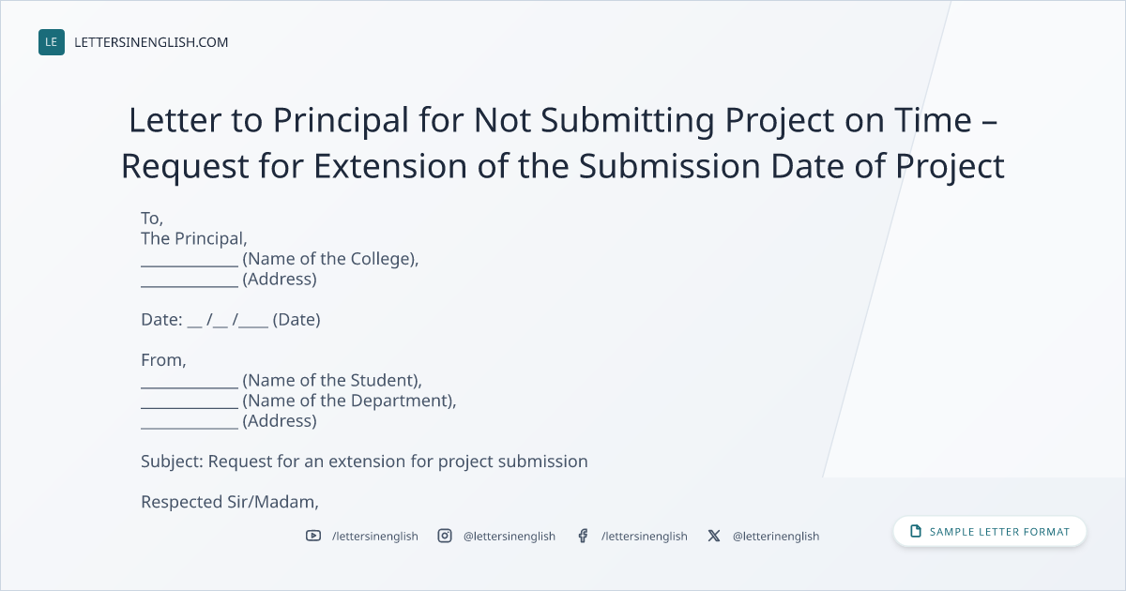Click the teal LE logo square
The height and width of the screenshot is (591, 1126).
(x=52, y=42)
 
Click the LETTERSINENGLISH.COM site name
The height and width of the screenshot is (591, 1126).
(x=151, y=42)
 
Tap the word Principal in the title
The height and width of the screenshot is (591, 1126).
(x=341, y=121)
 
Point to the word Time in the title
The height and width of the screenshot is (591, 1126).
(x=933, y=120)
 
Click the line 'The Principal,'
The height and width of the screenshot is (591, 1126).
(x=194, y=238)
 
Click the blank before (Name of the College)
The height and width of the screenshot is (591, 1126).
(x=190, y=265)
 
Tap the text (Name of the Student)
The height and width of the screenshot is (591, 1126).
(x=332, y=381)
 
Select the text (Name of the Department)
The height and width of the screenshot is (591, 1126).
(x=349, y=401)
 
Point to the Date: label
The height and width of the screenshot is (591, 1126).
(x=161, y=320)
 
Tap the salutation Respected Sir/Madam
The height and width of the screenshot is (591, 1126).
(x=230, y=502)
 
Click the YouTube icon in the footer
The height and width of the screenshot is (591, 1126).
(x=313, y=536)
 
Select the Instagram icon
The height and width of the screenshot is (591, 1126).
(x=445, y=536)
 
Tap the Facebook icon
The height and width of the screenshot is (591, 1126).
(x=583, y=536)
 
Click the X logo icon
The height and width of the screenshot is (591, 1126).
(x=714, y=536)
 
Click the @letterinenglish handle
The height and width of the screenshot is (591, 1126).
(x=776, y=537)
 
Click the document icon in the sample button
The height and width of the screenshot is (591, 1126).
(x=916, y=531)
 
